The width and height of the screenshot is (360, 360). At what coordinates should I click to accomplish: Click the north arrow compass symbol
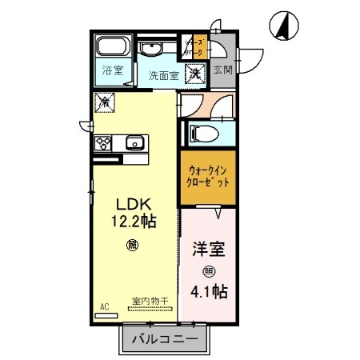click(285, 24)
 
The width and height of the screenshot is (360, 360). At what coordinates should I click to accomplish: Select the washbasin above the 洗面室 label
click(152, 50)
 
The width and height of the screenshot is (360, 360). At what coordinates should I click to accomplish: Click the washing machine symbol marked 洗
click(194, 74)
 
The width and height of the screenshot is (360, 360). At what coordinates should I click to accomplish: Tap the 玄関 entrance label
click(222, 70)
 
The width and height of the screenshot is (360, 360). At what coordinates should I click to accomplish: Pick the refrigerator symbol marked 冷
click(104, 102)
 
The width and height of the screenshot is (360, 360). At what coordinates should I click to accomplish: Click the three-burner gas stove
click(104, 144)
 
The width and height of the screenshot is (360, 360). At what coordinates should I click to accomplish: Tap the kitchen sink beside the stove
click(133, 144)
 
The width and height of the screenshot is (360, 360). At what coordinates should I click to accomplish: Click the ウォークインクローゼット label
click(207, 176)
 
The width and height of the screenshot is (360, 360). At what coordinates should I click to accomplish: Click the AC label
click(105, 306)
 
